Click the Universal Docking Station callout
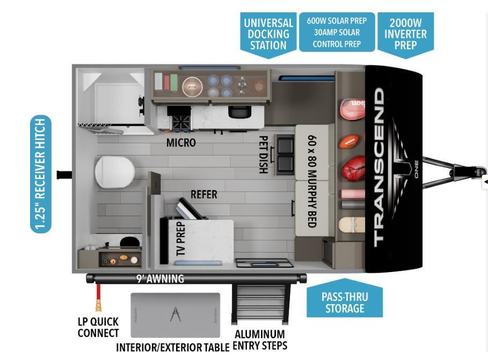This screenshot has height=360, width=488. [x=268, y=34]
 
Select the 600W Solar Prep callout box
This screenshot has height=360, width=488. [x=337, y=32]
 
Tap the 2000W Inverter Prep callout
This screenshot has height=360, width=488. [x=405, y=34]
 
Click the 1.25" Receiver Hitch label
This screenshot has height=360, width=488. [x=41, y=174]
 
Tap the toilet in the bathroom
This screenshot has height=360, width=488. [x=114, y=172]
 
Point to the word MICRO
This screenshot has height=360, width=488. [x=181, y=143]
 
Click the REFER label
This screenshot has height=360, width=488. [x=204, y=194]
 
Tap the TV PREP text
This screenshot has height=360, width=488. [x=180, y=239]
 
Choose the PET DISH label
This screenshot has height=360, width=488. [x=263, y=155]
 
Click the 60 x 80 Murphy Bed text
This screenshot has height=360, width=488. [x=312, y=181]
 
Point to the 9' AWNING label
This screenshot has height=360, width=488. [x=160, y=278]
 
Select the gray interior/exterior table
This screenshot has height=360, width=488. [x=175, y=315]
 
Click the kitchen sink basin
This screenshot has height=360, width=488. [x=239, y=112]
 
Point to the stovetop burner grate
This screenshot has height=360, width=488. [x=180, y=122]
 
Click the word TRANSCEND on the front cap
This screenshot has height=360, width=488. [x=379, y=167]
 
